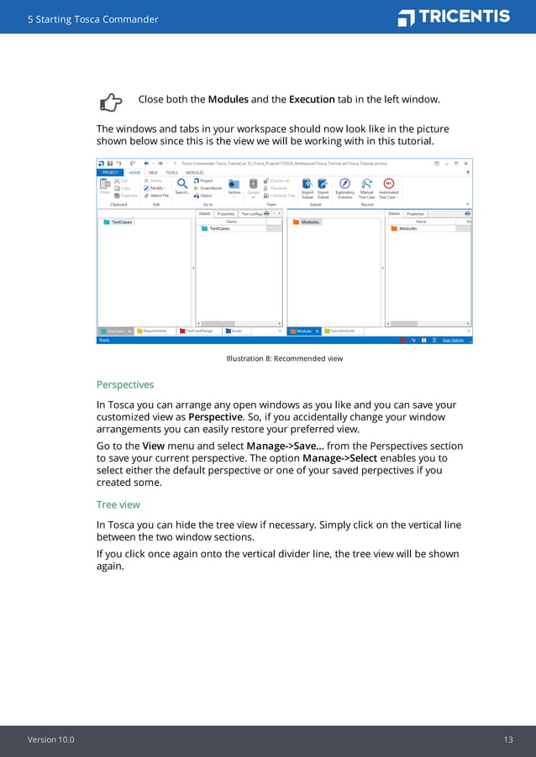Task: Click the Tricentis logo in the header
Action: point(454,17)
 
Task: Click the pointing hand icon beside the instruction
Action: point(111,102)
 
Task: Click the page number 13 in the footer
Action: point(508,739)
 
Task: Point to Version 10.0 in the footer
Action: point(50,739)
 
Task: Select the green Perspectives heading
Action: point(125,384)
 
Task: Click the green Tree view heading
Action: point(118,504)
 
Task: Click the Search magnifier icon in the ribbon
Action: point(181,185)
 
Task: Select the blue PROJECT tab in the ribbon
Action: point(110,172)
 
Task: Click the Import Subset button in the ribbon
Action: point(307,187)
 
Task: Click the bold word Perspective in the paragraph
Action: point(215,416)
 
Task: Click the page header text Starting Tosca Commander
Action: point(92,18)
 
